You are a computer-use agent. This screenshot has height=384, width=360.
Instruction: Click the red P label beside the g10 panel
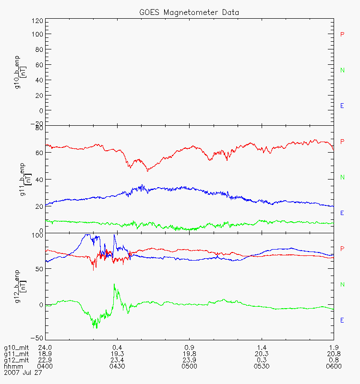[342, 35]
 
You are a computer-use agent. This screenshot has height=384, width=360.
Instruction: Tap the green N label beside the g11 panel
[342, 178]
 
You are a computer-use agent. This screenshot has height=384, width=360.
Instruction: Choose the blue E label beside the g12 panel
[342, 320]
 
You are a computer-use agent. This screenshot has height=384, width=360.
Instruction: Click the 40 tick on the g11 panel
[39, 180]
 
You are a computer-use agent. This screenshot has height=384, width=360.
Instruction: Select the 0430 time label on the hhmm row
[117, 367]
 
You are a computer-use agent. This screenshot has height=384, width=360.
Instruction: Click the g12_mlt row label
[14, 360]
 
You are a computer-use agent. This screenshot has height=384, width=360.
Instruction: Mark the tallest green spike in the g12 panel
[114, 284]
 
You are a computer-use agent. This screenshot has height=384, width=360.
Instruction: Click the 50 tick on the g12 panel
[39, 269]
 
